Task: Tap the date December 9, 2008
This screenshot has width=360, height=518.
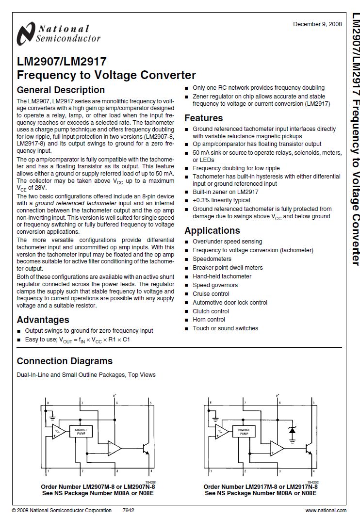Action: (x=317, y=24)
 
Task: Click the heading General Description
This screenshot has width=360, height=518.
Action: (x=61, y=90)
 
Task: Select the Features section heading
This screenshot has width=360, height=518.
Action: (x=204, y=118)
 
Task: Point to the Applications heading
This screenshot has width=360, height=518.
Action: (x=212, y=230)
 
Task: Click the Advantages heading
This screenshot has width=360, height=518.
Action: (x=43, y=320)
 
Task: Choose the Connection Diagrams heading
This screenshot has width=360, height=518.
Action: (x=65, y=361)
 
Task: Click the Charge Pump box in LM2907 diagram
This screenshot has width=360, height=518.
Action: (x=80, y=431)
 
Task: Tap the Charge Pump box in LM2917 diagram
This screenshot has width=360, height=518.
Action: (x=244, y=431)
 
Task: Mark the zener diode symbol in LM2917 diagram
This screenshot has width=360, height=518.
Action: (x=292, y=430)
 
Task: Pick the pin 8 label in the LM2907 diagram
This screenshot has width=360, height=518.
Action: (x=48, y=403)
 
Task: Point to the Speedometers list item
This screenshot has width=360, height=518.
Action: (x=212, y=259)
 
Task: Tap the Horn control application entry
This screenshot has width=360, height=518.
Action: (x=209, y=320)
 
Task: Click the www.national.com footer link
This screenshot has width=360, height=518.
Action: (x=326, y=510)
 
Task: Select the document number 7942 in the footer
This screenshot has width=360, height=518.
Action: (x=129, y=510)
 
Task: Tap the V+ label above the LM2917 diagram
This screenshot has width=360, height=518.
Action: (x=278, y=396)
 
